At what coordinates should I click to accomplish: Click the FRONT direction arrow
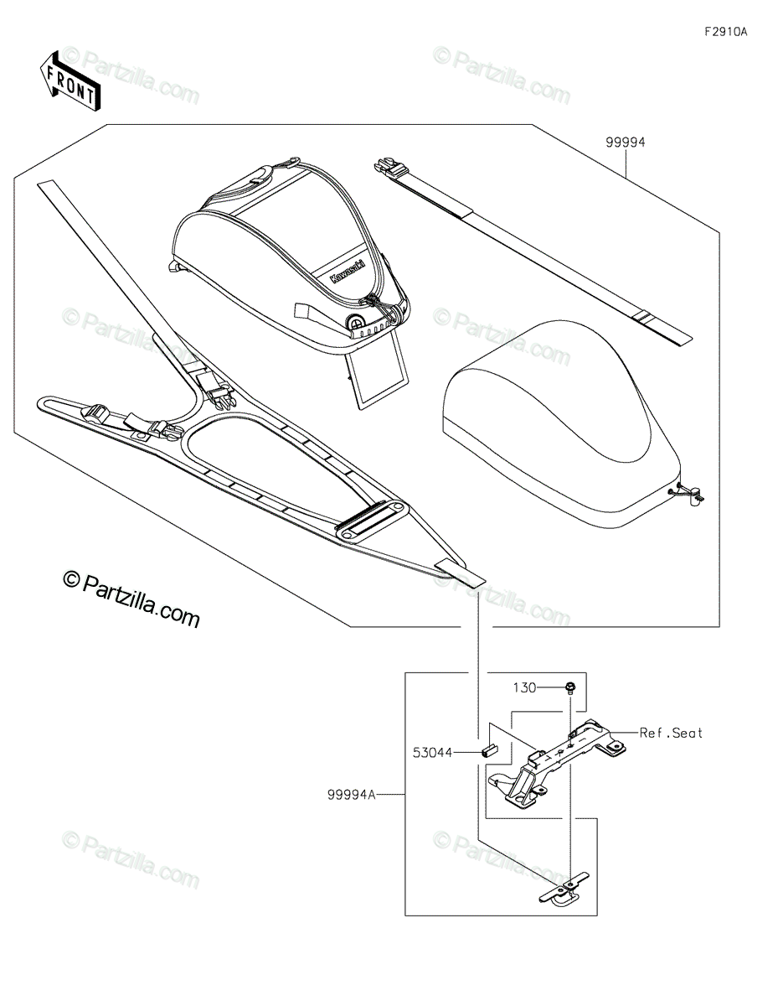coord(70,80)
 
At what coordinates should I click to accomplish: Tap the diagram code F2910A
coord(726,32)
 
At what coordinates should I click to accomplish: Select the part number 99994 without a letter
coord(626,143)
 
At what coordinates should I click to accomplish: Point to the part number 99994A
coord(352,795)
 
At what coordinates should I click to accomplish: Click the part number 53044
coord(432,753)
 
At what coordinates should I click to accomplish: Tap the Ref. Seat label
coord(671,733)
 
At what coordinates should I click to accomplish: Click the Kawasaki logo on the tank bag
coord(348,271)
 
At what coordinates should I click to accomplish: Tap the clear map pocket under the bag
coord(376,375)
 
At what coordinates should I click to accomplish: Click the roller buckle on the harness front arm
coord(94,412)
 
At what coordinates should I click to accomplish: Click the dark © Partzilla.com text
coord(131,599)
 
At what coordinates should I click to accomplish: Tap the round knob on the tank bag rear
coord(355,321)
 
